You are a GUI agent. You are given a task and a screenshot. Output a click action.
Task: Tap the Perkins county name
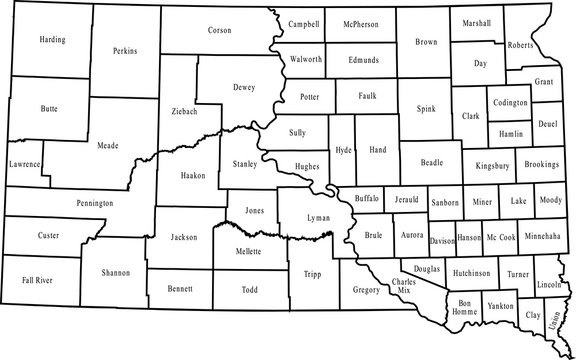coord(126,50)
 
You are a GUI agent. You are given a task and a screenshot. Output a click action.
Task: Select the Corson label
coord(218,31)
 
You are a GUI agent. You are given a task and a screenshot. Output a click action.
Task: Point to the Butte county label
coord(49,107)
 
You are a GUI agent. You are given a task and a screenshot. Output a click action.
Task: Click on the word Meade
coord(107,146)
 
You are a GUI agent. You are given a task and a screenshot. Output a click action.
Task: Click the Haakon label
coord(192,175)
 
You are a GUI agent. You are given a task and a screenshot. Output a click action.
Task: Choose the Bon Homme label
coord(463,307)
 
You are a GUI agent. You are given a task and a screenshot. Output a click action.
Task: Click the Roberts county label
coord(520,45)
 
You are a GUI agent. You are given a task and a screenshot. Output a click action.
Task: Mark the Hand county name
coord(377,148)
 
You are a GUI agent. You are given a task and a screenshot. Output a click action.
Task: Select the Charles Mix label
coord(404,288)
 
